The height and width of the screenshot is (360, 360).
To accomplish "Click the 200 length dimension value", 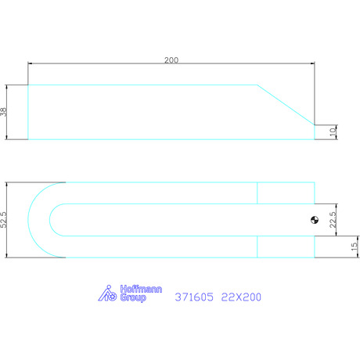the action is pos(171,60).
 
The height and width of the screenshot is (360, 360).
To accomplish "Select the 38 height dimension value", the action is pos(4,112).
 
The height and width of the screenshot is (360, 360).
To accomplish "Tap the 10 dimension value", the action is pos(333,131).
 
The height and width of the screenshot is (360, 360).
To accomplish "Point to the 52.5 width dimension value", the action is pos(4,220).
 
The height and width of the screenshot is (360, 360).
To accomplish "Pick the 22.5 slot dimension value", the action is pos(333,220).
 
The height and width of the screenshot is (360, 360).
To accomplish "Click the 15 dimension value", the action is pos(354,247).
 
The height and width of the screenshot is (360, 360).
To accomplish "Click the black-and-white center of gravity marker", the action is pos(315,220).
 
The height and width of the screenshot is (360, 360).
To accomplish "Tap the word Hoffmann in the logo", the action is pos(141,289).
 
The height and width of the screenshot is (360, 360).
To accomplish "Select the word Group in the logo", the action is pos(133,297).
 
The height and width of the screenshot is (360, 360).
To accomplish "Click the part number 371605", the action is pos(194,297).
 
